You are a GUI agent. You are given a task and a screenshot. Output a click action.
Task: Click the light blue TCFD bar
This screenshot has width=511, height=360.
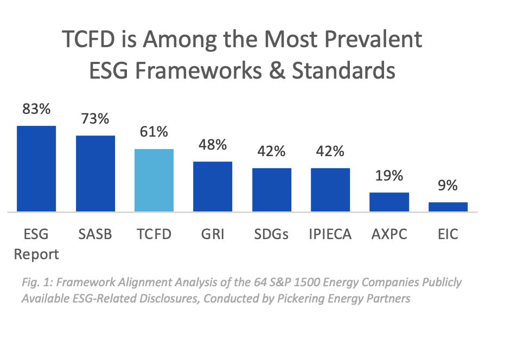(x=154, y=180)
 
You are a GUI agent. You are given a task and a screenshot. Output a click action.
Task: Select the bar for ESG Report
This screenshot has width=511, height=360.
(x=36, y=169)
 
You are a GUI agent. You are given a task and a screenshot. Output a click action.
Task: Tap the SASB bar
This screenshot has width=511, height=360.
(x=95, y=173)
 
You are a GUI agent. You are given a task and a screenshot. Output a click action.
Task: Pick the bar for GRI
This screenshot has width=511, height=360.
(x=213, y=187)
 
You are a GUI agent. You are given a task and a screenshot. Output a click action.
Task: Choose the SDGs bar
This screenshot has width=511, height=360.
(x=271, y=190)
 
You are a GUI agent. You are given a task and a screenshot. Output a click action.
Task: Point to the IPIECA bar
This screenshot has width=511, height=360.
(x=330, y=190)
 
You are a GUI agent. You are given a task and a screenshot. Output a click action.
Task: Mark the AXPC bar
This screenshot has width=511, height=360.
(x=389, y=202)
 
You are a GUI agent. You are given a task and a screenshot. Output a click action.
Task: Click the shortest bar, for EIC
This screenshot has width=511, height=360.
(x=448, y=207)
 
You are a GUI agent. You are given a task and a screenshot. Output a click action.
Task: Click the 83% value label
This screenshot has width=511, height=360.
(x=36, y=109)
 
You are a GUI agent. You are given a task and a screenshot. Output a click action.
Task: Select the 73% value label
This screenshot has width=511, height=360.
(x=95, y=119)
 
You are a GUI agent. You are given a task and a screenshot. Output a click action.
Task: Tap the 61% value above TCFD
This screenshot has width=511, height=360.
(x=154, y=132)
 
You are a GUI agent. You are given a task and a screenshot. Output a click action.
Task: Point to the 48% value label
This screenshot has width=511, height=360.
(x=213, y=145)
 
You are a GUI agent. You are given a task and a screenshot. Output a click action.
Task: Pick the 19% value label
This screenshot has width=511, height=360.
(x=389, y=176)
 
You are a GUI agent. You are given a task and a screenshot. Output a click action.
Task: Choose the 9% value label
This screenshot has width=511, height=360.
(x=448, y=185)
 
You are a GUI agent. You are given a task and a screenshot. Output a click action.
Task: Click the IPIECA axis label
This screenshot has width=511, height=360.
(x=330, y=234)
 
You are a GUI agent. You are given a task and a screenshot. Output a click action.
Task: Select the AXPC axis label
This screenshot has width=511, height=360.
(x=389, y=234)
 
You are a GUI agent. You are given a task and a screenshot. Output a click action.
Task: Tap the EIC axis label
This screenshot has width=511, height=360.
(x=448, y=234)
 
